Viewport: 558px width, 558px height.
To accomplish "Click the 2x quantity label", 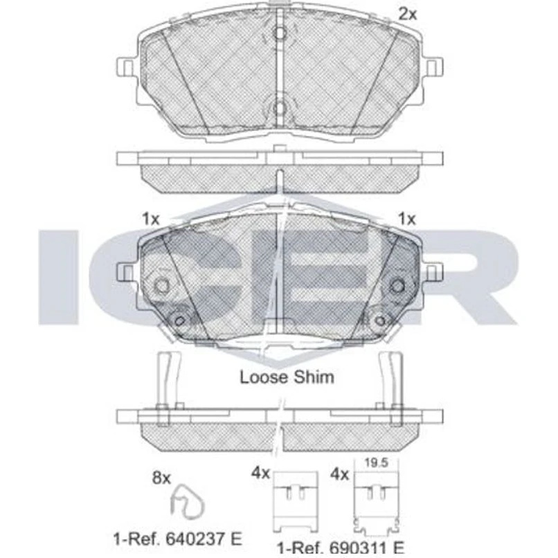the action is click(x=408, y=15).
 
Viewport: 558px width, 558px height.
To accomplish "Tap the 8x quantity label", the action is click(x=161, y=478).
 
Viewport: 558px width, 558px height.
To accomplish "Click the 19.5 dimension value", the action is click(x=376, y=462).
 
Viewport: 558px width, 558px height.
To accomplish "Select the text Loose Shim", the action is click(x=287, y=377).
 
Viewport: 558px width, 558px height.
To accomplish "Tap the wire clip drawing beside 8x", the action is click(x=187, y=502).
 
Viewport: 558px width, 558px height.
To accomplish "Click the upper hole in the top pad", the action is click(x=280, y=33).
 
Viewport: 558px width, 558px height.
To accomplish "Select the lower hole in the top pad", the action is click(x=280, y=108).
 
